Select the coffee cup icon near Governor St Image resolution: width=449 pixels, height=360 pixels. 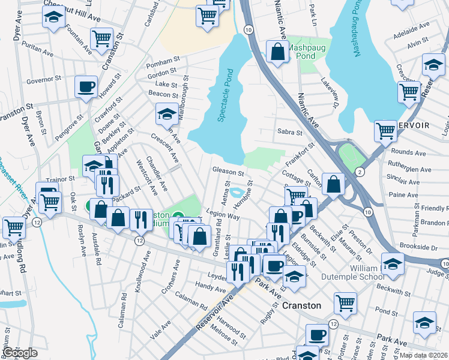pyautogui.click(x=86, y=86)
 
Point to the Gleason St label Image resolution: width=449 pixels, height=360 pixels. pyautogui.click(x=228, y=171)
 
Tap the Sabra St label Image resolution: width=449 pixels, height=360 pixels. pyautogui.click(x=288, y=132)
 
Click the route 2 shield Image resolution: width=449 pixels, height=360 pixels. pyautogui.click(x=360, y=172)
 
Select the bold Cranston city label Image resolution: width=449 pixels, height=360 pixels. pyautogui.click(x=301, y=305)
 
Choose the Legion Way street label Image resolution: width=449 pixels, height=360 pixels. pyautogui.click(x=222, y=214)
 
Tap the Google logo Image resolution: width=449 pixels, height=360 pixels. pyautogui.click(x=20, y=353)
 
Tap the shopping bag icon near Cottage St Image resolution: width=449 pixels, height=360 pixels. pyautogui.click(x=333, y=184)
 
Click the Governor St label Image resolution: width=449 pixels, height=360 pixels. pyautogui.click(x=45, y=79)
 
